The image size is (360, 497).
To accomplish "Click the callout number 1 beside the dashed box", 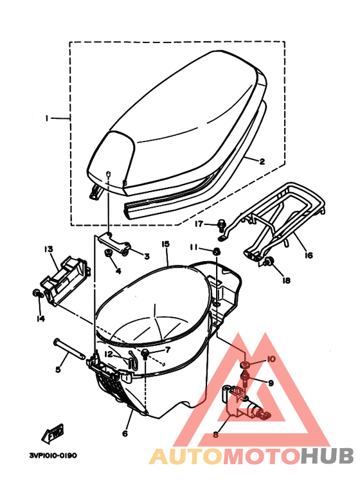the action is coord(47,118).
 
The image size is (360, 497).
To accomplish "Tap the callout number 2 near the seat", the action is coord(262,161).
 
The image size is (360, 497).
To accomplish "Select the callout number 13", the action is coord(48,249).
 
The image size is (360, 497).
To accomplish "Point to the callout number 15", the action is coord(165,244).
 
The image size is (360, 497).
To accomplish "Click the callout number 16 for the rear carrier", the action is coord(309,255).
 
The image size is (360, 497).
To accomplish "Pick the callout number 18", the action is coord(286,280).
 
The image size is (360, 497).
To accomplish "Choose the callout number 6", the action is coord(125,433).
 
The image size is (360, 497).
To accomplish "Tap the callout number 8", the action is coord(215,434).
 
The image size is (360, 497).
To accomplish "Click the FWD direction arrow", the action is coord(53,433).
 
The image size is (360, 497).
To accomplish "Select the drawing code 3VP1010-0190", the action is coord(53,455).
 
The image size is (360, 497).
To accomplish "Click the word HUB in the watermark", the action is coord(327,456).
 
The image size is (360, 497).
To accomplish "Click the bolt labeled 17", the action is coord(222,225).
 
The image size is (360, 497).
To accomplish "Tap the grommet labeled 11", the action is coord(216,251).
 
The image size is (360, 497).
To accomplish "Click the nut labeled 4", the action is coord(109,253).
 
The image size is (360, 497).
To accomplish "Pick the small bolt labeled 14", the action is coord(37,294).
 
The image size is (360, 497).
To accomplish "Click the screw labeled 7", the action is coord(145,354).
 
